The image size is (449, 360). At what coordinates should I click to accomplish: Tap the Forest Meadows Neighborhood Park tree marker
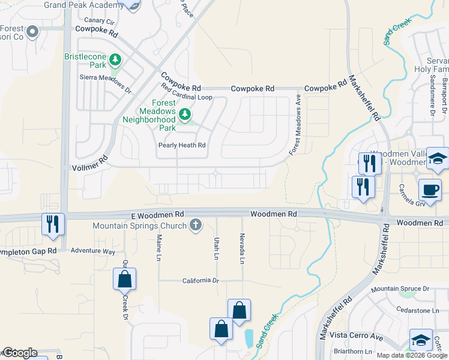click(x=185, y=113)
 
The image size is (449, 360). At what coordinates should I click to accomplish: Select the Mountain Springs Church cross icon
click(x=194, y=225)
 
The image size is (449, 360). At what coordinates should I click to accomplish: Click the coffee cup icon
click(x=430, y=190)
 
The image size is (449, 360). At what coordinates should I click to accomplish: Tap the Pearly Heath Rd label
click(x=182, y=145)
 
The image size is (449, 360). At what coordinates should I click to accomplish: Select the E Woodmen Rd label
click(x=157, y=214)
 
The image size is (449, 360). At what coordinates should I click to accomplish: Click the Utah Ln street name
click(x=216, y=248)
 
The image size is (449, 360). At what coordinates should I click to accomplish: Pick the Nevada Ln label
click(x=242, y=249)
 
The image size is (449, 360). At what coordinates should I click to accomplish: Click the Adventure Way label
click(x=92, y=251)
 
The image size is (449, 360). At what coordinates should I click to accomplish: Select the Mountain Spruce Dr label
click(x=401, y=289)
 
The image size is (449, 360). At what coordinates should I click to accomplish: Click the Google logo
click(x=19, y=353)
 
